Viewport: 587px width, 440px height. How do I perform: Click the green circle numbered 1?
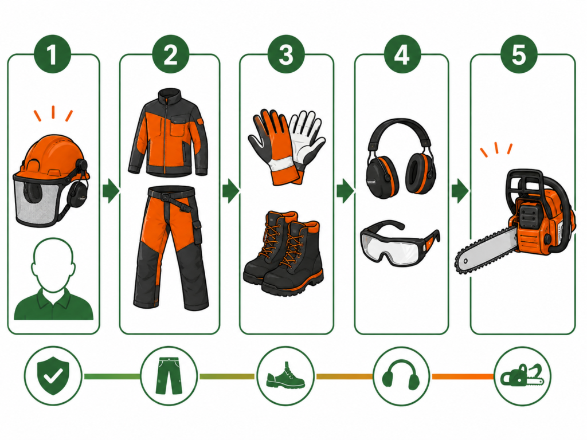[52, 54]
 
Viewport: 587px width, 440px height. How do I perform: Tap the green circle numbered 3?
[286, 54]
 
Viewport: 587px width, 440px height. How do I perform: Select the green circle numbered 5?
[519, 54]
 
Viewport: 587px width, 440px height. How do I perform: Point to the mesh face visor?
[36, 203]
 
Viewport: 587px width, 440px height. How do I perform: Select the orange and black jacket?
[168, 132]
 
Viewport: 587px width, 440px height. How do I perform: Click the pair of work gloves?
[287, 147]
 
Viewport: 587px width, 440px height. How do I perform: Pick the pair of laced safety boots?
[283, 253]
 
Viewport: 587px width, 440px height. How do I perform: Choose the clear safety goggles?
[400, 242]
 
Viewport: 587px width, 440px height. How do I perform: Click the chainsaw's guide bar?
[486, 251]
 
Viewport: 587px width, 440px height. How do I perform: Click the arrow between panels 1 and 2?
[111, 190]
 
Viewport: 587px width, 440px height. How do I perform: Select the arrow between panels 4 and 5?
[460, 191]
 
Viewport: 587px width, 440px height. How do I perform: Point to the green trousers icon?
[169, 375]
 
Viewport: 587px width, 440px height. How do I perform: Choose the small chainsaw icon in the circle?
[522, 375]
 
